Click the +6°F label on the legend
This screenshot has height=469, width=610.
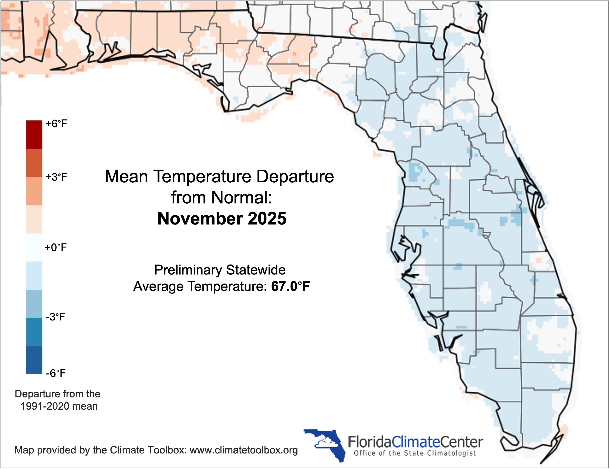(x=56, y=124)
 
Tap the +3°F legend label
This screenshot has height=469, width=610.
(x=56, y=177)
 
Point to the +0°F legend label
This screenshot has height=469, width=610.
(x=56, y=247)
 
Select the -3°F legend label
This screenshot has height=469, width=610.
(x=55, y=317)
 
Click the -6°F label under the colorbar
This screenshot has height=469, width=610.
(x=55, y=373)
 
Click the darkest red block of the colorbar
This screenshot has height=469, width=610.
(x=34, y=134)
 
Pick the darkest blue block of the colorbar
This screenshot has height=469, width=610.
(x=34, y=360)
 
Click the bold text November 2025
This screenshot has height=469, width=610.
(x=222, y=219)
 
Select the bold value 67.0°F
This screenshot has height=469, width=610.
(x=290, y=286)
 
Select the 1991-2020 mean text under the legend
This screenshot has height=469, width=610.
(x=59, y=406)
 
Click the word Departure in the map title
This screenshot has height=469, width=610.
(x=295, y=176)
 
